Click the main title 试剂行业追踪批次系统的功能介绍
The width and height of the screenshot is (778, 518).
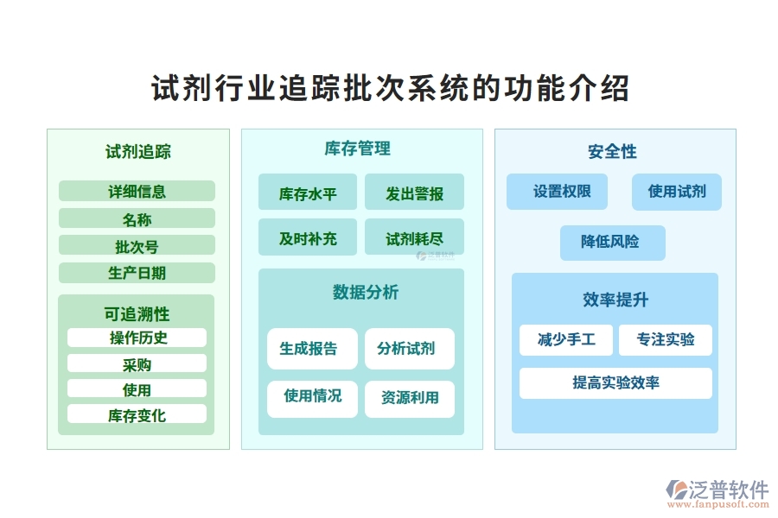[x=389, y=89]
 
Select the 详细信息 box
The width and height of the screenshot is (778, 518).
[x=137, y=192]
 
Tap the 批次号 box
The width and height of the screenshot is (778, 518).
[x=137, y=246]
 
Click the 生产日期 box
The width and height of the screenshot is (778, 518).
[x=137, y=273]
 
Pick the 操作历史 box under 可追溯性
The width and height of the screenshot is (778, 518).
[x=137, y=338]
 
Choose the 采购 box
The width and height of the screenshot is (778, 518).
[x=137, y=363]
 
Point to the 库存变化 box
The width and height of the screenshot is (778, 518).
[x=137, y=414]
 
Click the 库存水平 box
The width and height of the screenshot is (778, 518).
[x=307, y=193]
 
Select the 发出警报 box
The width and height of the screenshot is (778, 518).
[x=414, y=193]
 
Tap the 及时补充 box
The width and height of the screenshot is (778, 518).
[x=307, y=237]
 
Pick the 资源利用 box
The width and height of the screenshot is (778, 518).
[x=410, y=398]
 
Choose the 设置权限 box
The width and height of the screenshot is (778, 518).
[x=557, y=192]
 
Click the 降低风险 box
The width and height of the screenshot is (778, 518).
[x=612, y=243]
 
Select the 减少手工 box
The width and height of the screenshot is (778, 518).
[x=566, y=340]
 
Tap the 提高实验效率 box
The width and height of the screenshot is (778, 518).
[x=615, y=382]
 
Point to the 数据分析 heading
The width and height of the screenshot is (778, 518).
[x=360, y=293]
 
